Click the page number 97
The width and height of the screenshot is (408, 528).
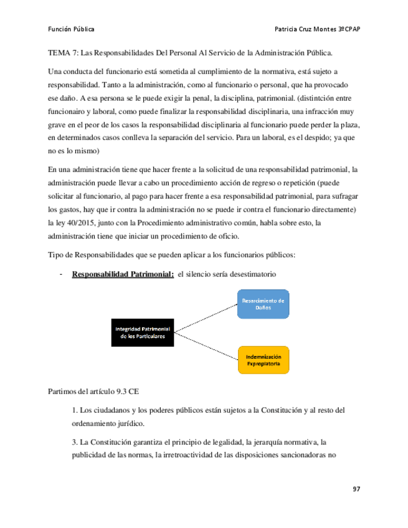point(357,489)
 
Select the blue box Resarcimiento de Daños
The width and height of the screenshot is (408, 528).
point(263,304)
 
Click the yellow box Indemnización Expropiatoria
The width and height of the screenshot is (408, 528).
point(263,360)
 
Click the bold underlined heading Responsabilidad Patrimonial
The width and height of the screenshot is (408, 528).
point(123,275)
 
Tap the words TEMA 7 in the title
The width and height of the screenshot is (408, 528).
point(63,54)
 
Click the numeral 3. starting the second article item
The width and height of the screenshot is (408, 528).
point(74,442)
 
